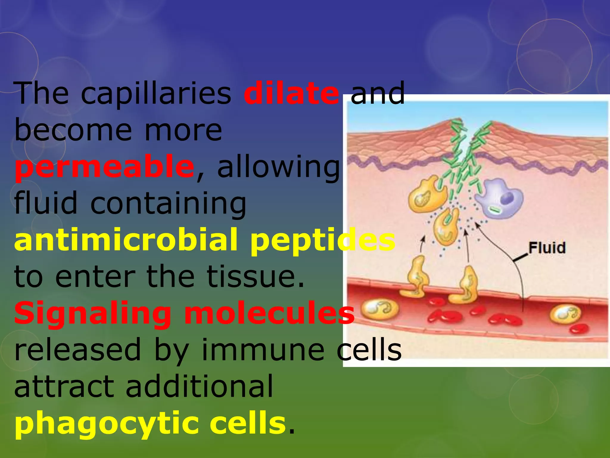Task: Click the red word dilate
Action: (x=291, y=93)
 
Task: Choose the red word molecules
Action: (x=269, y=313)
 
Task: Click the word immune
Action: (x=263, y=350)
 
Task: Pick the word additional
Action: (x=199, y=386)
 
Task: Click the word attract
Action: (x=64, y=386)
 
